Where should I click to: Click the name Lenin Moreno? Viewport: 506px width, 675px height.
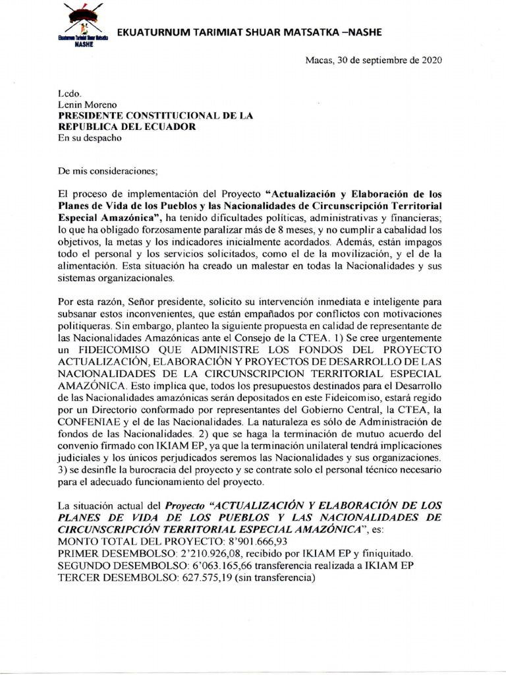(x=90, y=105)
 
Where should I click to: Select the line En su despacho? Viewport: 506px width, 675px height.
(x=90, y=138)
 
